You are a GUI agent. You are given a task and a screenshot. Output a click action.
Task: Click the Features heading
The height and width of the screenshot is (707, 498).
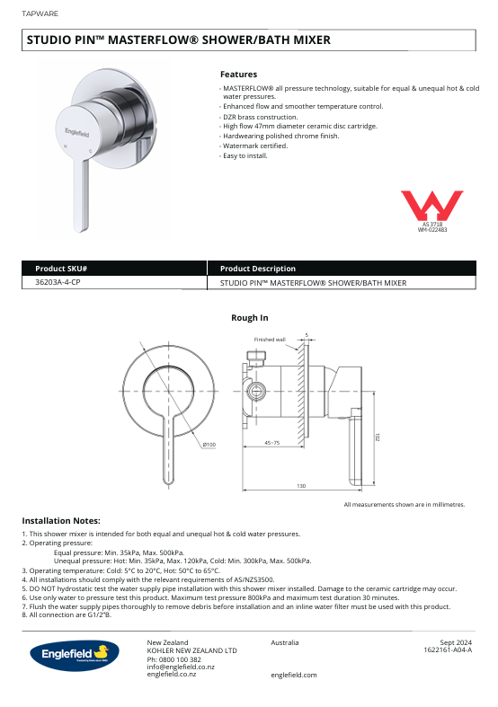pos(238,75)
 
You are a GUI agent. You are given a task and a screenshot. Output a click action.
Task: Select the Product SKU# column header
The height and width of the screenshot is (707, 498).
pos(61,269)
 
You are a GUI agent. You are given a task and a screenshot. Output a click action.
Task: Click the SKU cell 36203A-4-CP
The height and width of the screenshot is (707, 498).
pos(64,282)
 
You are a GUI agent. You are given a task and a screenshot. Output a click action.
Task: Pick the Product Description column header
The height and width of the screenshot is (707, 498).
pos(258,269)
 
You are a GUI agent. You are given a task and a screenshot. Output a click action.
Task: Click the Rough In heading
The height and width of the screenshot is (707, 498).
pos(249,318)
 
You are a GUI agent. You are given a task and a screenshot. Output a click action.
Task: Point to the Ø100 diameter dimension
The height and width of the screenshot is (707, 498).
pos(209,444)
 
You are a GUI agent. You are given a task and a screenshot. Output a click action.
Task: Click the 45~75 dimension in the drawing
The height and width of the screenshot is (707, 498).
pos(271,443)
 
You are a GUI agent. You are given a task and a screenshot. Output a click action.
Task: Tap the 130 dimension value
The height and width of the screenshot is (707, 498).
pos(301,485)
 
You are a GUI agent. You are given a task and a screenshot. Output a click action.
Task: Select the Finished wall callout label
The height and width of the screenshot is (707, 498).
pos(270,340)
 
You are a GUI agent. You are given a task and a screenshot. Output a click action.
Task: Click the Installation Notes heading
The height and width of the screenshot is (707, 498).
pos(61,520)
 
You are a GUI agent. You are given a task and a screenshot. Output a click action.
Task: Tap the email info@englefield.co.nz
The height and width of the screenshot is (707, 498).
pos(181,667)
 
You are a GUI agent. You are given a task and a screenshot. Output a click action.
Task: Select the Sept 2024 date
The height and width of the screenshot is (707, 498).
pos(456,642)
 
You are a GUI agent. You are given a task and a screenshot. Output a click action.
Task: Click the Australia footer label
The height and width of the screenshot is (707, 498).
pos(285,642)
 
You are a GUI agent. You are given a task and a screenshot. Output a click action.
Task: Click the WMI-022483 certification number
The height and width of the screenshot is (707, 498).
pos(432,231)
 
